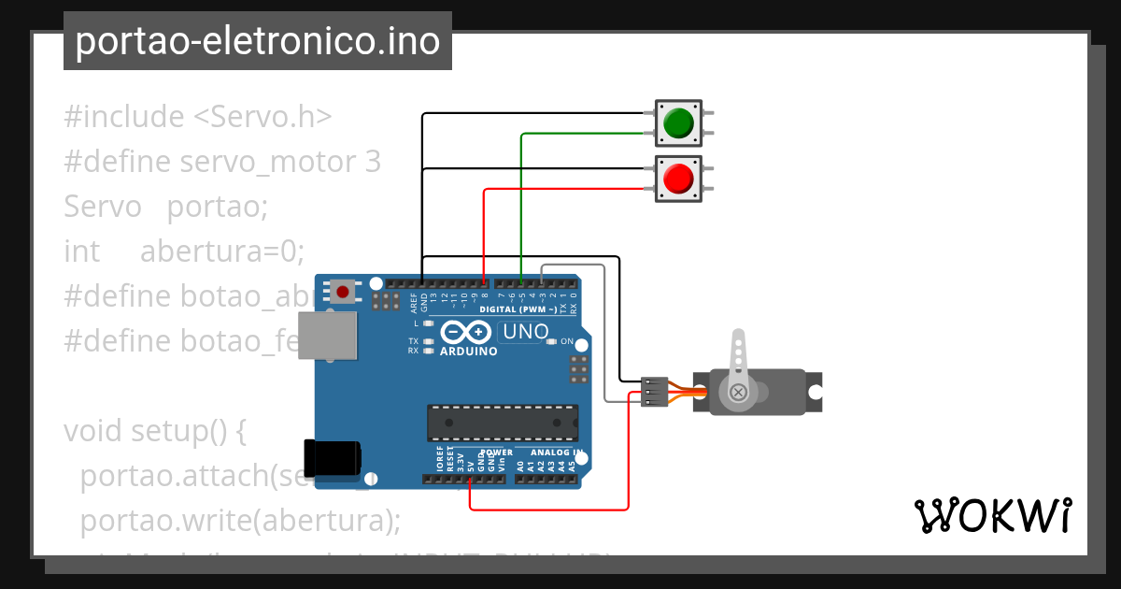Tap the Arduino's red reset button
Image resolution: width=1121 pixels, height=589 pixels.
tap(343, 292)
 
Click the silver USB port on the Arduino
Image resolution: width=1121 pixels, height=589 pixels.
tap(328, 336)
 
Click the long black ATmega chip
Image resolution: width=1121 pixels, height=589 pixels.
tap(503, 423)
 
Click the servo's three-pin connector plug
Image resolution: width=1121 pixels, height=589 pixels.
tap(655, 393)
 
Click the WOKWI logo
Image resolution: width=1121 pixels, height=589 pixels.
tap(992, 516)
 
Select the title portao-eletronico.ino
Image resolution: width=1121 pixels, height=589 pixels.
tap(258, 41)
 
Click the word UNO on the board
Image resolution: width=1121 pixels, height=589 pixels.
tap(525, 332)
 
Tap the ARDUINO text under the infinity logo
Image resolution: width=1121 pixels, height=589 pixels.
tap(469, 352)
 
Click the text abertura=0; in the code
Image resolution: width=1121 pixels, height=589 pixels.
tap(222, 251)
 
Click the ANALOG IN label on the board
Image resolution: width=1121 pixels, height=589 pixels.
tap(558, 453)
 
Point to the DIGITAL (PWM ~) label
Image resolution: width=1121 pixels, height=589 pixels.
tap(518, 309)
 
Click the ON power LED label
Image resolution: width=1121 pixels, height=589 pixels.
tap(567, 341)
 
